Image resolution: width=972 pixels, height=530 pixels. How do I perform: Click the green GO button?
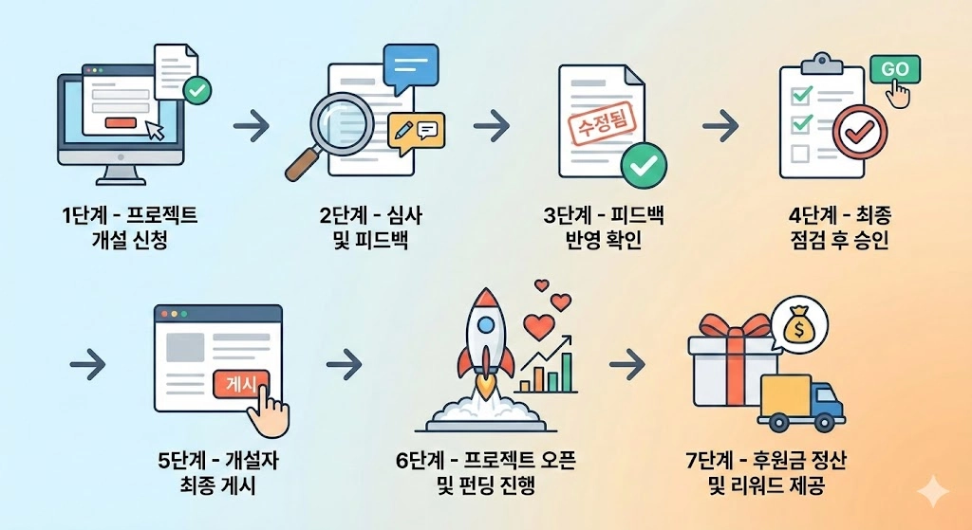894,70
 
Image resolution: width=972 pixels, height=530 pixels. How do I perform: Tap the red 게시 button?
241,382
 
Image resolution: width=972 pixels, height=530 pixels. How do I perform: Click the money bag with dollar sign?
799,327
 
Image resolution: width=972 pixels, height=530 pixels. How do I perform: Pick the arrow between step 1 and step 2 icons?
251,126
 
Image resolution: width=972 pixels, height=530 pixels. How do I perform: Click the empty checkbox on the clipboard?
801,153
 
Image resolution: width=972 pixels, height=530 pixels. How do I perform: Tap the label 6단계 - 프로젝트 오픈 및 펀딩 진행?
486,474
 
